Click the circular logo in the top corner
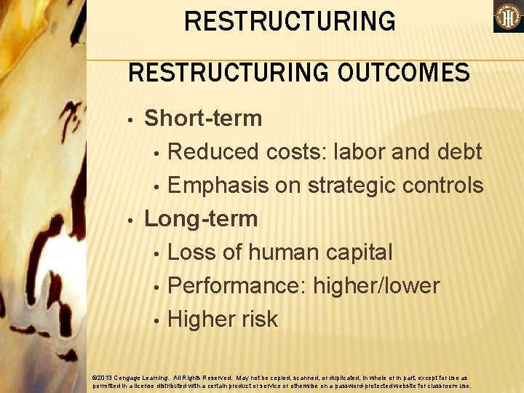click(508, 17)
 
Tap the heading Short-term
click(203, 118)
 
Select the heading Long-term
click(201, 218)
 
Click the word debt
click(461, 151)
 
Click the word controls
click(445, 186)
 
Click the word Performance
click(237, 286)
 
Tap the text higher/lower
click(376, 286)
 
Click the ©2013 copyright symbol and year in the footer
click(105, 378)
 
